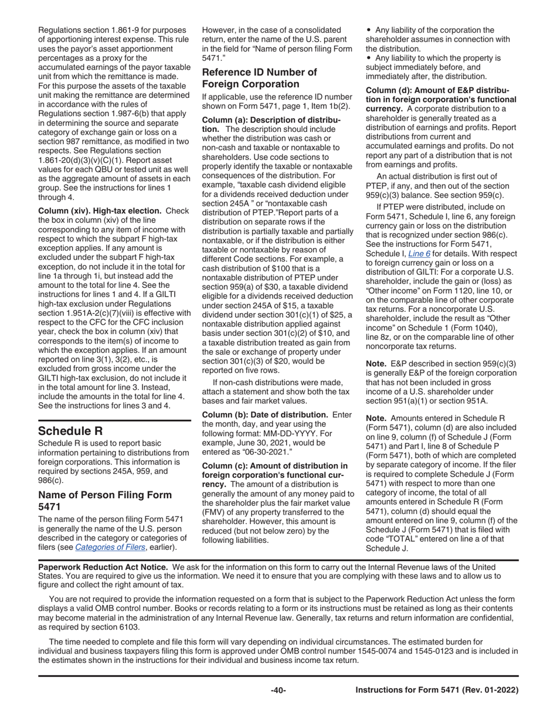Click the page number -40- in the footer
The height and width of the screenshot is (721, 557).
[x=278, y=690]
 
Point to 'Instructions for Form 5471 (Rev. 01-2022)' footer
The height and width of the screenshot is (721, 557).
[x=437, y=690]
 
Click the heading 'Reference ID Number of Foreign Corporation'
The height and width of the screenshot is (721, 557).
[x=259, y=78]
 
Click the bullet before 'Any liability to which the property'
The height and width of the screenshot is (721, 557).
[x=368, y=58]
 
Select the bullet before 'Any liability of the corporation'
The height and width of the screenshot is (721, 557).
[x=368, y=30]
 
